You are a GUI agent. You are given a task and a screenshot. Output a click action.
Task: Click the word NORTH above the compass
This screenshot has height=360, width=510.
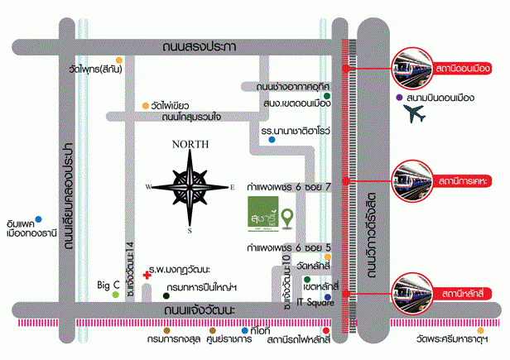pos(190,144)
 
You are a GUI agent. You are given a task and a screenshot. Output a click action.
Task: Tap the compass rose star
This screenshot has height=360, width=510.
pos(191,187)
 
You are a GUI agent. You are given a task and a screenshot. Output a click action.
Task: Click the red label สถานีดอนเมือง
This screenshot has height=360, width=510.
pos(462,65)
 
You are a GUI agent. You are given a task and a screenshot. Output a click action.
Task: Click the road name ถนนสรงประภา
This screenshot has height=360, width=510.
pos(200,46)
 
